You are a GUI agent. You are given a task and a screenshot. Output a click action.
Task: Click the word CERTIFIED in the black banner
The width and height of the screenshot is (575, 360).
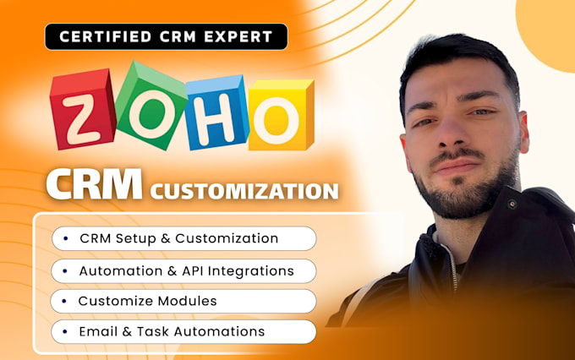(105, 36)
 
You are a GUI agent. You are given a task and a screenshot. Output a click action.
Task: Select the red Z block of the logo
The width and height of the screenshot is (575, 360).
(83, 109)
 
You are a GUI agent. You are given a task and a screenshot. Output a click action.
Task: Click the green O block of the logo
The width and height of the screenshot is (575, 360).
(151, 106)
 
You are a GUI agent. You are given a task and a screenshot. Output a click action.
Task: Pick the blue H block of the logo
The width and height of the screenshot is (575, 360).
(216, 112)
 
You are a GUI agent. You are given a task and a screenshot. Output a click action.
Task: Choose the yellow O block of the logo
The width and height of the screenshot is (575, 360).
(282, 115)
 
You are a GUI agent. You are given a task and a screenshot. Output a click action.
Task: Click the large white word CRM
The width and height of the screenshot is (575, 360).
(94, 184)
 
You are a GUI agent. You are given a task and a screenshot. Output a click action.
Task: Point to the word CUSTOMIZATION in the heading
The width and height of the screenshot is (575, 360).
(244, 191)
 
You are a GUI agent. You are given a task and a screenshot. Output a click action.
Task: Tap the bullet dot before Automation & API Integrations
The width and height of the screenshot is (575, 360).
(65, 271)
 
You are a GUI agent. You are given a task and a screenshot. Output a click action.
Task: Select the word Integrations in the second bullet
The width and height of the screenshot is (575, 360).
(251, 271)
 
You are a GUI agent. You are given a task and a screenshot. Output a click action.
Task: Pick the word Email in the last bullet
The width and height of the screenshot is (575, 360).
(98, 331)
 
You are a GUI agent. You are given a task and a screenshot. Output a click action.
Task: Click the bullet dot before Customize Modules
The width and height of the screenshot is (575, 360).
(64, 302)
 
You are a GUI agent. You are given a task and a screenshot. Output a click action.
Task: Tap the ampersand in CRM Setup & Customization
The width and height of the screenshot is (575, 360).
(166, 238)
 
